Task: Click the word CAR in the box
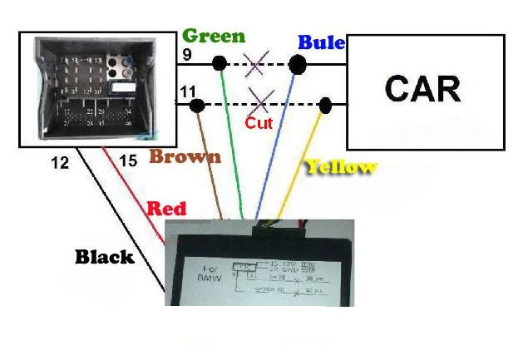click(422, 88)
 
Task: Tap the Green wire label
click(214, 36)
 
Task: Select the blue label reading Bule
click(321, 42)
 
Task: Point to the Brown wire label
click(185, 156)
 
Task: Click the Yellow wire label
click(341, 166)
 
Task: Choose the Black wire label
click(105, 257)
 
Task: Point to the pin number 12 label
click(60, 164)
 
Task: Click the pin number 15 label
click(127, 160)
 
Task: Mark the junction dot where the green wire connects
click(220, 63)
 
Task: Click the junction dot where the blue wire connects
click(296, 63)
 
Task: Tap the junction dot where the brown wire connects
click(198, 105)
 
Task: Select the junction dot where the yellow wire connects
click(325, 105)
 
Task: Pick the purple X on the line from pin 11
click(260, 103)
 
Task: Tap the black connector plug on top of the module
click(275, 222)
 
